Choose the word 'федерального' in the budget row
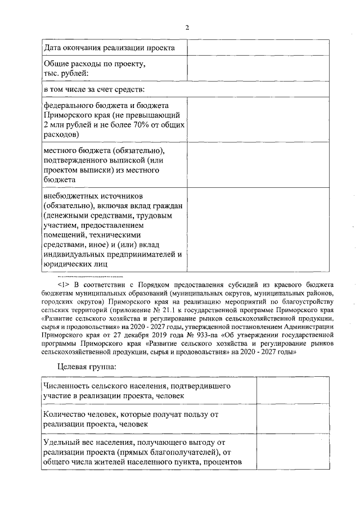[70, 106]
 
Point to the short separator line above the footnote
[89, 277]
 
